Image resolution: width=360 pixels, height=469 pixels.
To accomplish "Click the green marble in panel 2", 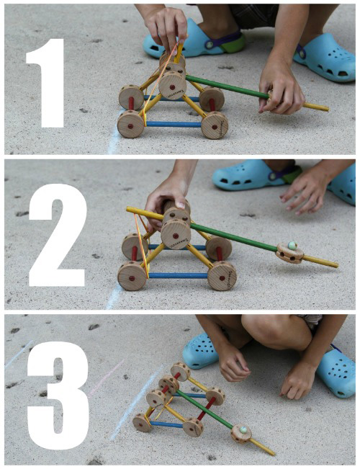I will click(292, 246).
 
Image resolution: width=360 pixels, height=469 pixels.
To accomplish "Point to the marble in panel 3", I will click(243, 429).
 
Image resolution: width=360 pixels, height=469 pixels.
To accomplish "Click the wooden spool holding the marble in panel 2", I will click(289, 253).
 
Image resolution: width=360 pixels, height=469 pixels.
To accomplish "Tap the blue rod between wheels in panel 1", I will click(173, 124).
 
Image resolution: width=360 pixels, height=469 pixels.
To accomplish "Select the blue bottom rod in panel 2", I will click(178, 275).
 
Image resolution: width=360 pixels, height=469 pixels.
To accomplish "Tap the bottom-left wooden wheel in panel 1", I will click(131, 123).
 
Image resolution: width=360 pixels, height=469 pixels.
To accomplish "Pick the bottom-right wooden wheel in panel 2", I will click(222, 276).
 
